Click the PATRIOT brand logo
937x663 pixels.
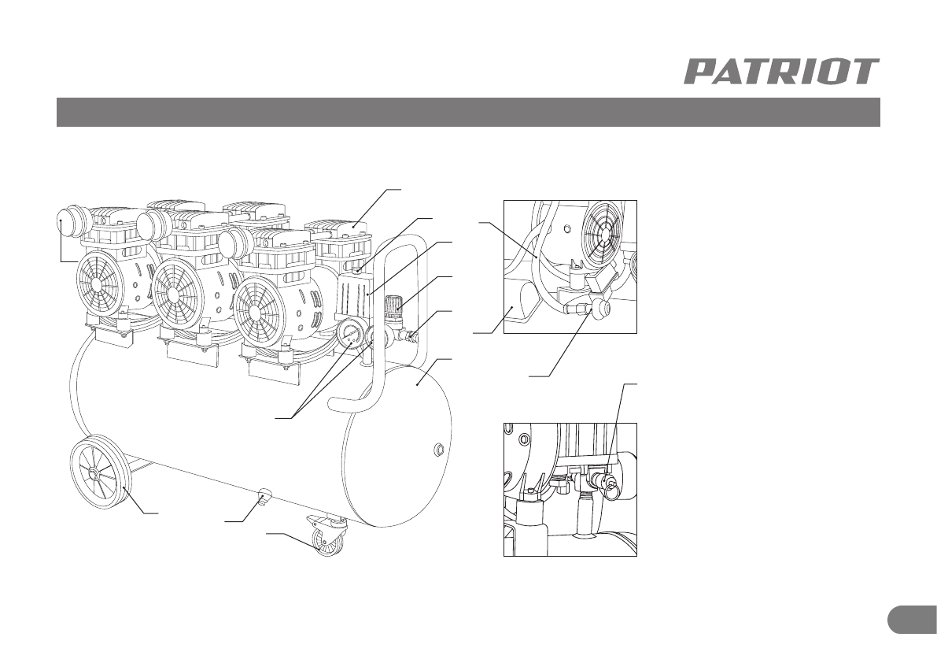pyautogui.click(x=780, y=72)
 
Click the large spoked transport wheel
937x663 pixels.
pyautogui.click(x=101, y=473)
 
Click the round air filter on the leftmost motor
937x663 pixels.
pyautogui.click(x=72, y=221)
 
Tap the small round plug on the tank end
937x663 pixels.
pyautogui.click(x=439, y=450)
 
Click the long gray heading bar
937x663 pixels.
pyautogui.click(x=467, y=112)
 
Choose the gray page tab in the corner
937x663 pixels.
pyautogui.click(x=912, y=619)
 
